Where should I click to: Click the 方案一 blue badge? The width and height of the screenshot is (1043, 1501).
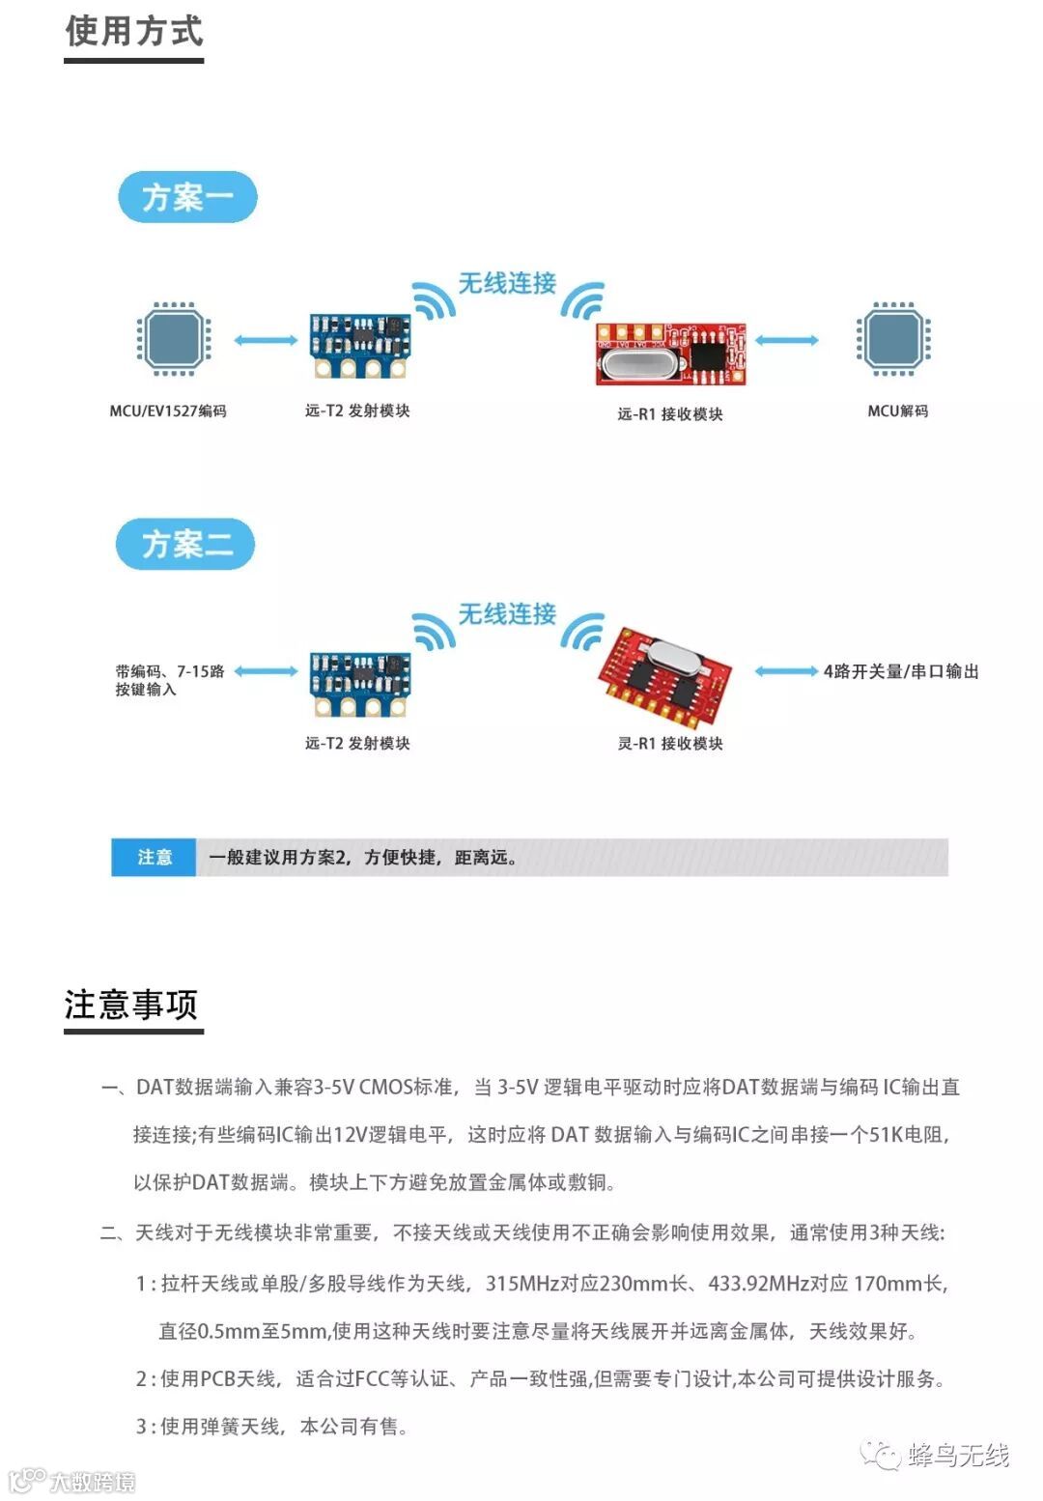187,197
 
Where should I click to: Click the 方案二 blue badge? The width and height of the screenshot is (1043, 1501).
185,544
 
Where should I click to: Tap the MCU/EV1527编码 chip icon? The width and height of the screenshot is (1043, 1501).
172,339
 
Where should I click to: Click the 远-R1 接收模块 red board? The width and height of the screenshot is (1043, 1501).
670,354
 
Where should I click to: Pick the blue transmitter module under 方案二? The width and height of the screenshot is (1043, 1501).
359,683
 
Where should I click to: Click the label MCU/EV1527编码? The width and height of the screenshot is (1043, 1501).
168,411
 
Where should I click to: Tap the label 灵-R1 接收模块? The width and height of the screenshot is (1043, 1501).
670,743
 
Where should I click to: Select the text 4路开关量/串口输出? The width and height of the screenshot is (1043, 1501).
900,671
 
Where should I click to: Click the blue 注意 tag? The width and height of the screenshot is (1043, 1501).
155,857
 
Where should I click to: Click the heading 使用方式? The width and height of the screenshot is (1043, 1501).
134,32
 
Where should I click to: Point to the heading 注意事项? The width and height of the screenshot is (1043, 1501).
131,1005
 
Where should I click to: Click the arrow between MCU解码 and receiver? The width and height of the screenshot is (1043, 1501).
787,340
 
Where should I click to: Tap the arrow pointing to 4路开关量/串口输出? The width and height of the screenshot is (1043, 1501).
786,671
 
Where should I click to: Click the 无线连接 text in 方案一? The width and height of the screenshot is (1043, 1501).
507,283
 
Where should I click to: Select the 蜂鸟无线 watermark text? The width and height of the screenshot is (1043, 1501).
957,1455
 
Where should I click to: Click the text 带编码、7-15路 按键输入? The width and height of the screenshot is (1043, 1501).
169,680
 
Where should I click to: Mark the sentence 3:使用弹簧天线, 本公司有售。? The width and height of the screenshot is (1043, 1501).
272,1426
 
